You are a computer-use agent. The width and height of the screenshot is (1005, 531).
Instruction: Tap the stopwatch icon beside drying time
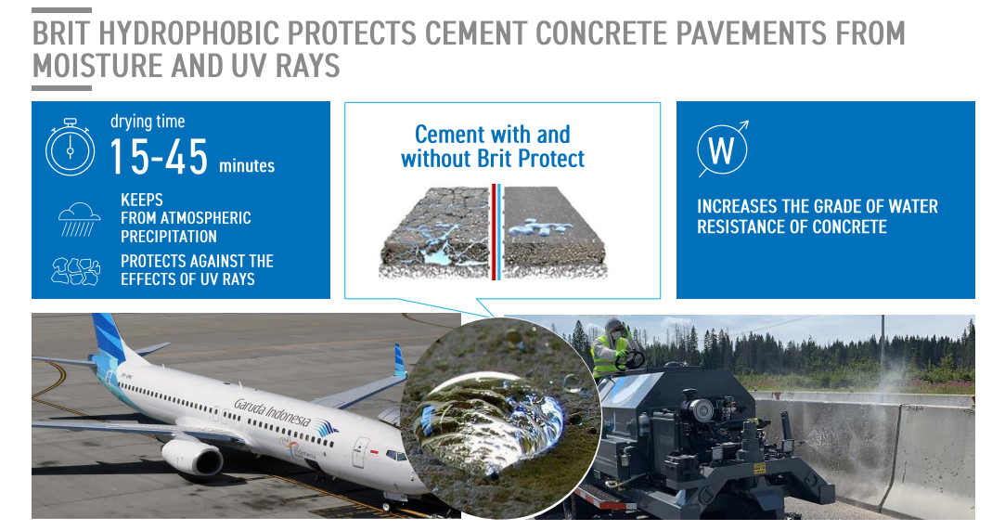pos(70,148)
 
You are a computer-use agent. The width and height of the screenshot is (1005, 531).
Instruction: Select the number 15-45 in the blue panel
pos(159,157)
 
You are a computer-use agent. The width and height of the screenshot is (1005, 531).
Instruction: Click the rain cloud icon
pos(79,219)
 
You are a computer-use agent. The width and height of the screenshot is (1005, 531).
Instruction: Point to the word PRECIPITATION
pos(169,237)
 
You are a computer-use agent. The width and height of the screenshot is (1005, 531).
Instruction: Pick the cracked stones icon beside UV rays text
pos(76,271)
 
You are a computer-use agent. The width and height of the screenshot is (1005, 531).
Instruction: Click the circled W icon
pos(723,149)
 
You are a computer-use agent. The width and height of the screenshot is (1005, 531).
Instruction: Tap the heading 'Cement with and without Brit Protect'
pos(492,147)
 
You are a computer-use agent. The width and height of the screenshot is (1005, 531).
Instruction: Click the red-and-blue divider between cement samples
pos(496,232)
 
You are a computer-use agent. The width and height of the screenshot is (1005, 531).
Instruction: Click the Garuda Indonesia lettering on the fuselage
pos(273,412)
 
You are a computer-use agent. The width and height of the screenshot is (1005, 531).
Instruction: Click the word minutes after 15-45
pos(247,166)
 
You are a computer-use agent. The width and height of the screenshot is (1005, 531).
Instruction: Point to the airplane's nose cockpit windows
pos(394,455)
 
